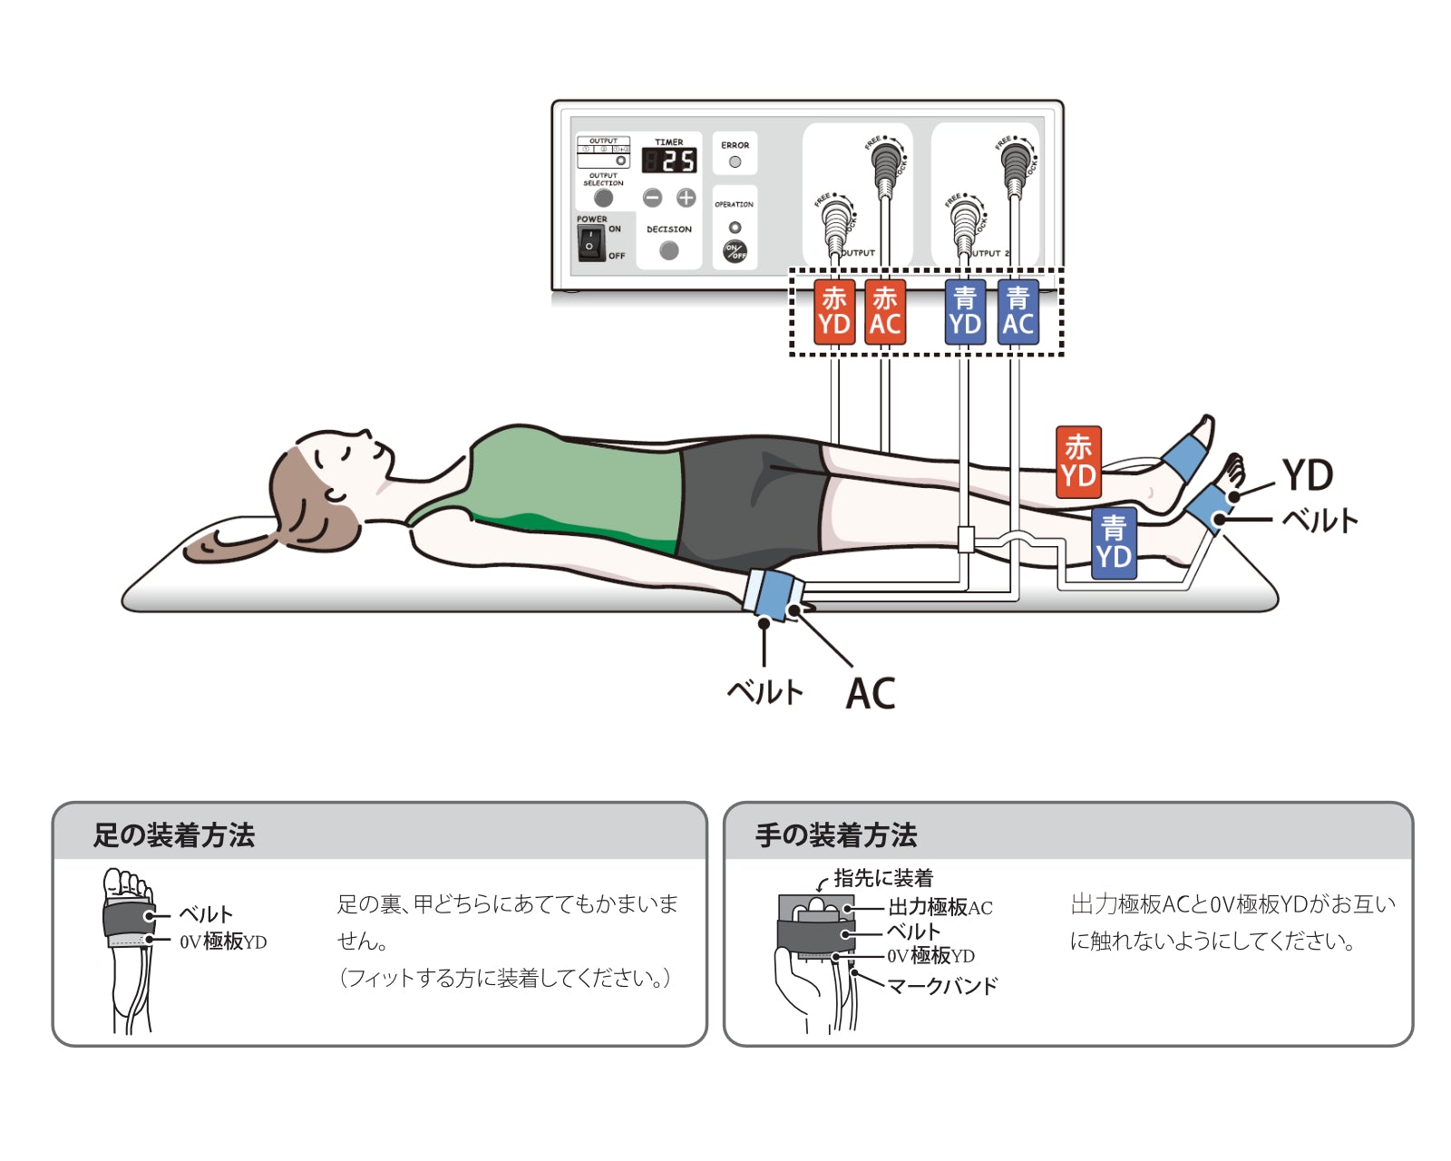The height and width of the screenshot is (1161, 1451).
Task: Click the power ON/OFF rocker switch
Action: [590, 244]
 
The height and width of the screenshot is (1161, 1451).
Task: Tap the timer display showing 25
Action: [669, 161]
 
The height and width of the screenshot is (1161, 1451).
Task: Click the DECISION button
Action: [669, 250]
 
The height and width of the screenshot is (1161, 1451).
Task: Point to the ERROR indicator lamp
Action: [735, 162]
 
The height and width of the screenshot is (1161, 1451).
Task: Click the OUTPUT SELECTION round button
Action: [603, 198]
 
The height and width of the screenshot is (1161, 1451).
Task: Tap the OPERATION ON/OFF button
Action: [735, 251]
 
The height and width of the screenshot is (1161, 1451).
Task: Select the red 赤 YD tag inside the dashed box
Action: [833, 312]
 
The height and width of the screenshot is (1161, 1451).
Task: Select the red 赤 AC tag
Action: [884, 312]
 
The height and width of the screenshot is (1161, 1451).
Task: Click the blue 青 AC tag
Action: [1018, 312]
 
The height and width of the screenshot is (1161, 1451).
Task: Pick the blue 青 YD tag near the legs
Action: [1114, 542]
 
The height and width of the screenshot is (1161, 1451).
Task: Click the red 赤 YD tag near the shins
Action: [1078, 462]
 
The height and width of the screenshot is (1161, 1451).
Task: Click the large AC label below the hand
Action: [870, 694]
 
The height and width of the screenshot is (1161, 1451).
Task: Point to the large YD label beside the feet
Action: [1307, 474]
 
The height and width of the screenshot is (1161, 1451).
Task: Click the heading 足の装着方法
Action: [174, 834]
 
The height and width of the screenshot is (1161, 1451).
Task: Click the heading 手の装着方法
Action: [836, 834]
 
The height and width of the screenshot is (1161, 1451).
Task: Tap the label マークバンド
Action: [942, 986]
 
